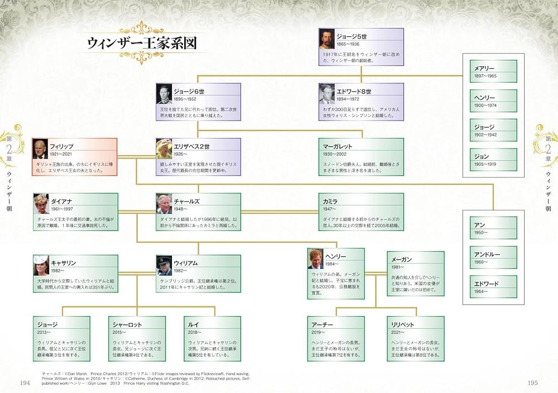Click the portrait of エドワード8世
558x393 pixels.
(327, 93)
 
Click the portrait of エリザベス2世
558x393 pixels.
(164, 148)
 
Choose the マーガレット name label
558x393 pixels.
(338, 146)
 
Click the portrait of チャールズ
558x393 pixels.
(164, 203)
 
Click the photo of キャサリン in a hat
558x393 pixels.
(41, 265)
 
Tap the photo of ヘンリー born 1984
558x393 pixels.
(315, 258)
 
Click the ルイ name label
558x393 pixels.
(195, 324)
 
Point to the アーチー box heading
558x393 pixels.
(321, 324)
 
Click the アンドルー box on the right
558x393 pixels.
(493, 258)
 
